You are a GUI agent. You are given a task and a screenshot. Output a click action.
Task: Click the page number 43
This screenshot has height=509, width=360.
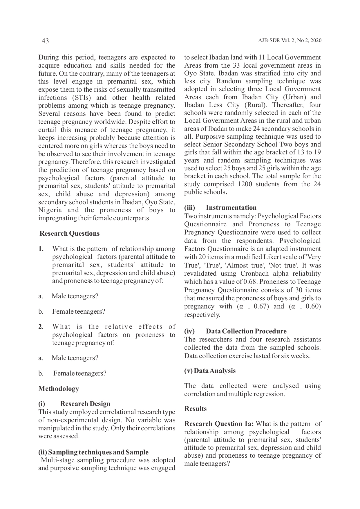pos(45,41)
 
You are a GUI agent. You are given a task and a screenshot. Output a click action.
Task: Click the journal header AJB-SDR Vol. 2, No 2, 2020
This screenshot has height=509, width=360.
pos(290,41)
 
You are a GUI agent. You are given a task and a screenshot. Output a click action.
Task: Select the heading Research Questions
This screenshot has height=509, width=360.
pos(69,234)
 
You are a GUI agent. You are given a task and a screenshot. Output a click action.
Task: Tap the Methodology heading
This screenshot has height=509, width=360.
pos(58,389)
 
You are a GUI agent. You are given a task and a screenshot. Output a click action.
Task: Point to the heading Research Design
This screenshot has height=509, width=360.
pos(85,404)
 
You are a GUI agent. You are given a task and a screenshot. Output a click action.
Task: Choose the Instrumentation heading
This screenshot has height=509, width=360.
pos(231,207)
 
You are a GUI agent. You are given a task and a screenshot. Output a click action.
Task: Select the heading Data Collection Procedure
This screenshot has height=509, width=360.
pos(246,331)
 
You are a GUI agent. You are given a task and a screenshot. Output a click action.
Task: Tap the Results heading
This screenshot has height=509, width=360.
pos(196,409)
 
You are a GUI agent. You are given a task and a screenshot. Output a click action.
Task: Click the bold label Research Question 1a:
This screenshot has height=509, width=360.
pos(219,424)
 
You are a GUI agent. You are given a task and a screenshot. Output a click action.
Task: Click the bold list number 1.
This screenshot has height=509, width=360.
pos(41,249)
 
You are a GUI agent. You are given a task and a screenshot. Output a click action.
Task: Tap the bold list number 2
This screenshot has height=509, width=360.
pos(41,326)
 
